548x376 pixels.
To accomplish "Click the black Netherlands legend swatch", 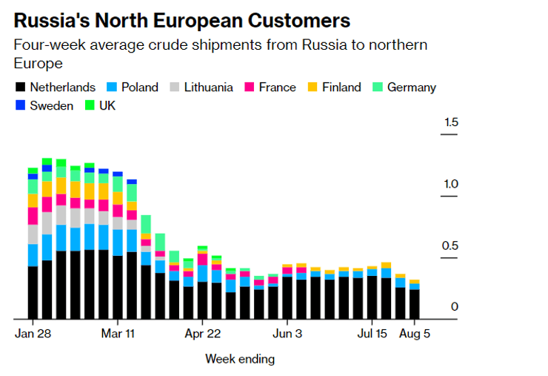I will point(20,88).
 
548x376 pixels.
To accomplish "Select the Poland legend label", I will point(140,88).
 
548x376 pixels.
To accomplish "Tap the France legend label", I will point(277,88).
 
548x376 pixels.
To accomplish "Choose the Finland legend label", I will point(341,88).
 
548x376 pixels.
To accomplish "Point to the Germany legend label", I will point(411,88).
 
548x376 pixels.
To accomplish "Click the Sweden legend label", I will point(52,106).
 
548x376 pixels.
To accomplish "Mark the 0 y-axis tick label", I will point(455,307).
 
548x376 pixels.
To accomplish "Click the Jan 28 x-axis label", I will point(33,334).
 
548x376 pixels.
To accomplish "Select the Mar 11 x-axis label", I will point(118,334).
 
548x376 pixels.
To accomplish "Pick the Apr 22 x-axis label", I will point(203,334).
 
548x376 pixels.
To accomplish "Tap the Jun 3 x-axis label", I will point(287,334).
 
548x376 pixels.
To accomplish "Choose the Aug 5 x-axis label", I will point(415,334).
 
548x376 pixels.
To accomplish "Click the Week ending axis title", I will point(240,360).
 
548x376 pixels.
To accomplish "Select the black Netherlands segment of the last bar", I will point(415,304).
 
